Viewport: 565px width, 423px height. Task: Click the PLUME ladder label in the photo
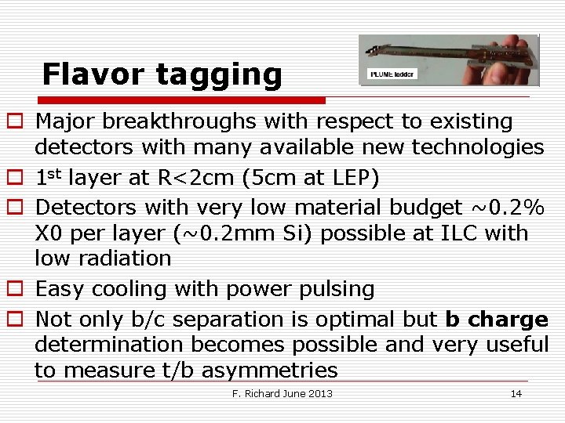(392, 75)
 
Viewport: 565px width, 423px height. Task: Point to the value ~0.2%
(507, 208)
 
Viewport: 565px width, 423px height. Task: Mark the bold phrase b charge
(497, 320)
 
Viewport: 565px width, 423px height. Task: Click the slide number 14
(516, 393)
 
